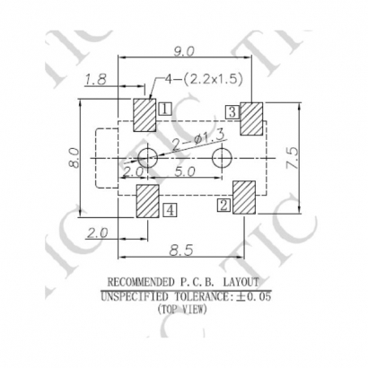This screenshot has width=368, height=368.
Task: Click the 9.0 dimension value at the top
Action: point(184,51)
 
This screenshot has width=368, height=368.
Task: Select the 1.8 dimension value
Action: point(95,80)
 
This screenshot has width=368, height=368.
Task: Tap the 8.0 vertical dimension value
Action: point(74,157)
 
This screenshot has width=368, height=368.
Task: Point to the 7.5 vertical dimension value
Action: point(294,158)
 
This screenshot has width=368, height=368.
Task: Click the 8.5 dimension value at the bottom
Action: point(181,250)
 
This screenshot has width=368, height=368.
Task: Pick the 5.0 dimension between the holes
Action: point(185,171)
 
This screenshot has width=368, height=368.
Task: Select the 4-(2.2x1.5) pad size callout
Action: point(204,79)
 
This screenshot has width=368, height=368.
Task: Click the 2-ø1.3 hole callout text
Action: point(198,141)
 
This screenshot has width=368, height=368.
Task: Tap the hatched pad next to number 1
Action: point(145,115)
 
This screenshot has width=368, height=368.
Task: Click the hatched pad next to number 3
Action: point(251,118)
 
